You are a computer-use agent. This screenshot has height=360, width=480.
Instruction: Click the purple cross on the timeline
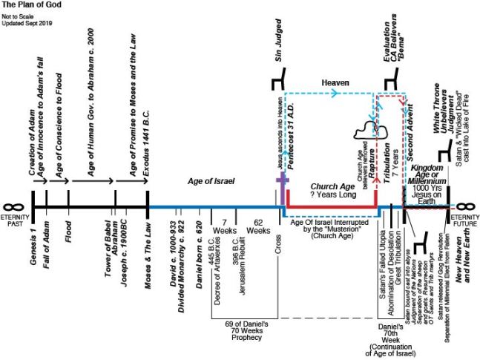280,183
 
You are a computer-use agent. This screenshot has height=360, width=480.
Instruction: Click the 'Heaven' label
335,83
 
